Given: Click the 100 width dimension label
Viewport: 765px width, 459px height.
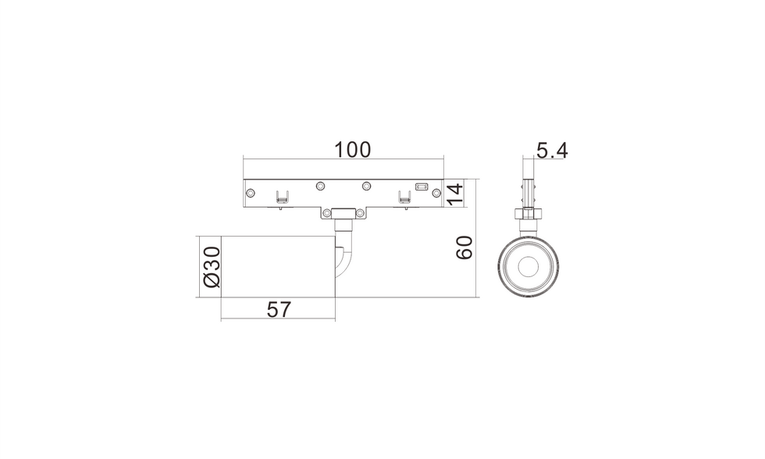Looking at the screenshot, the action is click(352, 150).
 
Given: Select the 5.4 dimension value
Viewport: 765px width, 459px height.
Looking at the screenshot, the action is click(553, 151).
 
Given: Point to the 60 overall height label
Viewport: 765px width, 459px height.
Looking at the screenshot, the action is click(464, 247).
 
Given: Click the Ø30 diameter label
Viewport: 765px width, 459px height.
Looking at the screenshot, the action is click(212, 267).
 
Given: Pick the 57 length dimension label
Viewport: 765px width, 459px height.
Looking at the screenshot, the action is click(279, 310).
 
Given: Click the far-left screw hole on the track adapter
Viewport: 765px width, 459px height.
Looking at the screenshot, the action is click(251, 193).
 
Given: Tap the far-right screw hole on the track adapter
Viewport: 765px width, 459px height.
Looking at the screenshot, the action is click(436, 193).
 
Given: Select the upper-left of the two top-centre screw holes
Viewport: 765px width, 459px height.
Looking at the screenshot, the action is click(320, 186).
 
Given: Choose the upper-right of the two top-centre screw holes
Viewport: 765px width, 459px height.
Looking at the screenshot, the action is click(366, 186).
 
